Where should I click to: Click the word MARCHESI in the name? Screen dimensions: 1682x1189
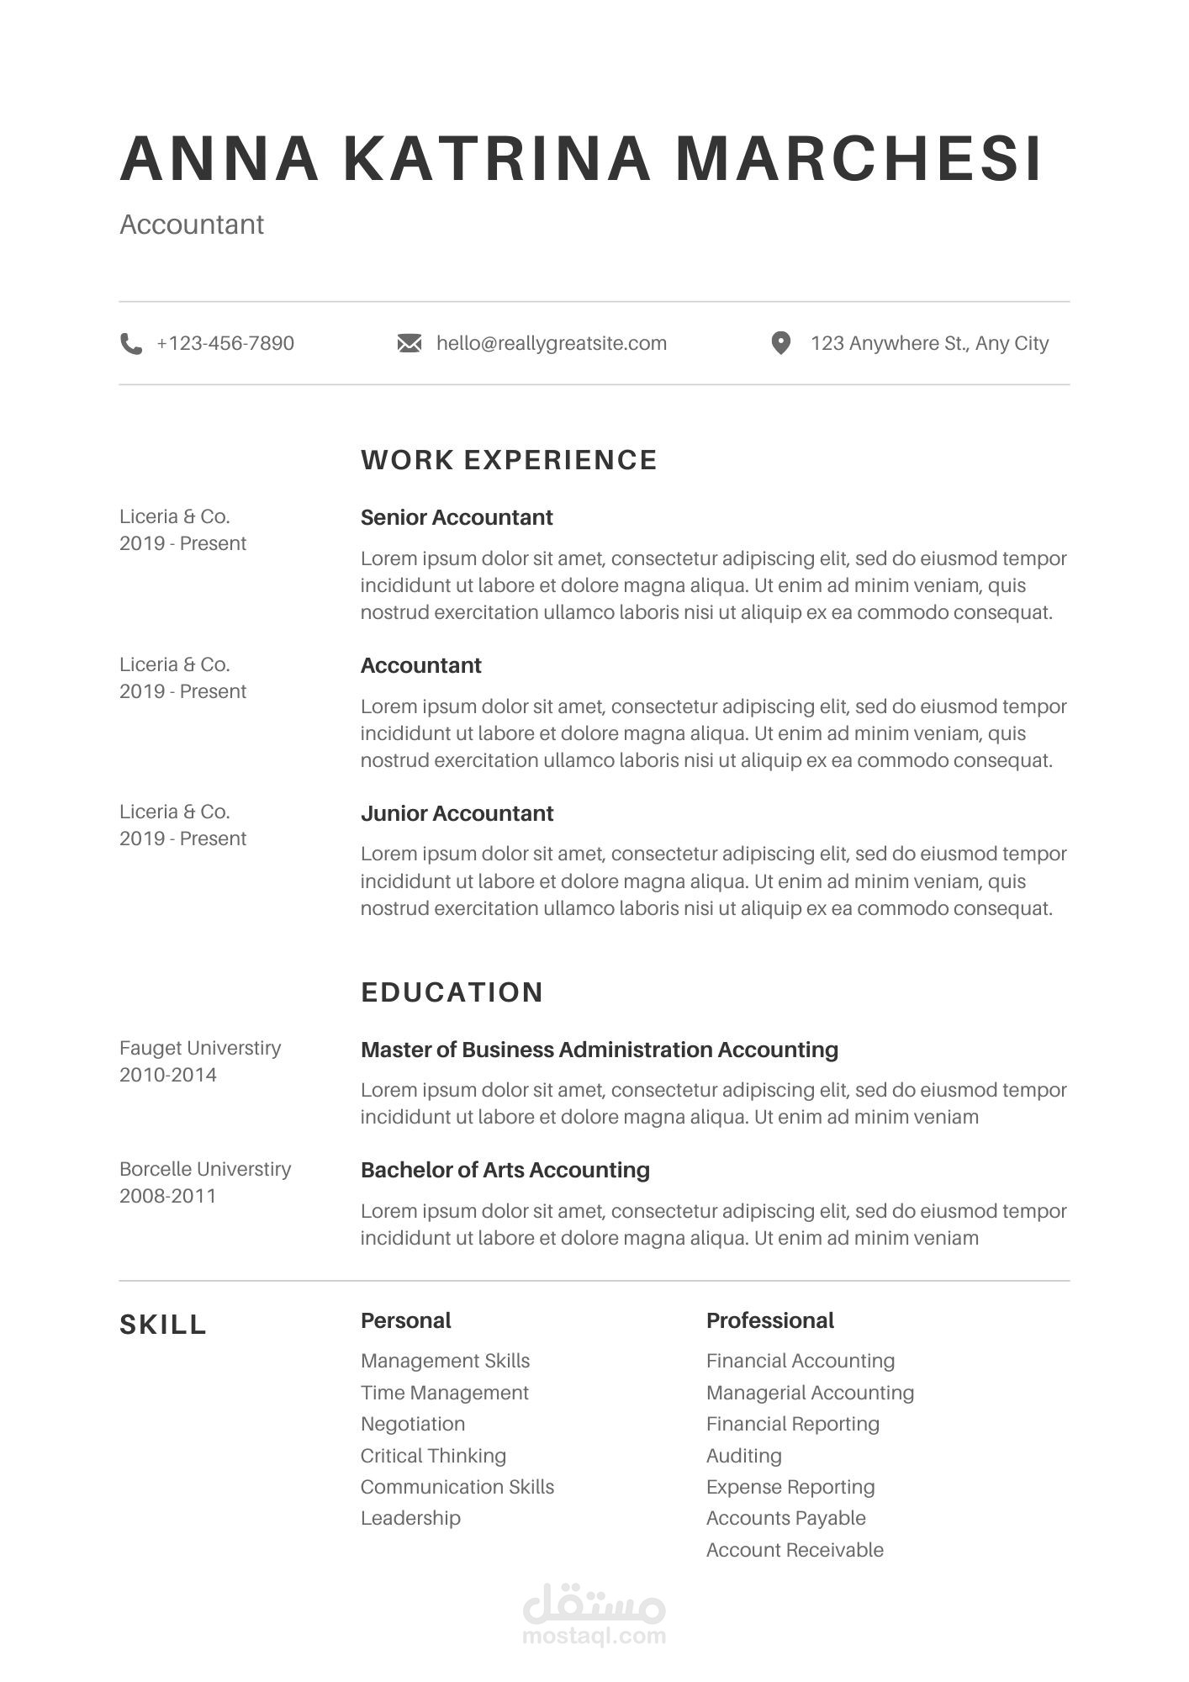tap(859, 158)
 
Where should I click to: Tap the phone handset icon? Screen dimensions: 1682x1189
tap(131, 344)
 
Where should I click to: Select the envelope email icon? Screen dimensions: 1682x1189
tap(410, 344)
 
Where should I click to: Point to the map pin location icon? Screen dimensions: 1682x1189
tap(780, 343)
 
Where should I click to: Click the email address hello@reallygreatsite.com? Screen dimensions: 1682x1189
tap(552, 343)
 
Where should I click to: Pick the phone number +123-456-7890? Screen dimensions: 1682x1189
tap(225, 343)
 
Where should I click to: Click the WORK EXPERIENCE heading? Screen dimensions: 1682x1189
tap(509, 460)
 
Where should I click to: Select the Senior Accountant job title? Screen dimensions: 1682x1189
tap(457, 517)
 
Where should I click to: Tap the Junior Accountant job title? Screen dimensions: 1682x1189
tap(457, 813)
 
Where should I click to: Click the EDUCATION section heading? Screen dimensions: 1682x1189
tap(452, 992)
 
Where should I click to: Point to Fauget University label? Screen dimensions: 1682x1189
tap(200, 1048)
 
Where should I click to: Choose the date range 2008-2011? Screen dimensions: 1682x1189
tap(167, 1196)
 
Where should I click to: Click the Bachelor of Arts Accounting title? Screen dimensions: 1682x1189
tap(505, 1170)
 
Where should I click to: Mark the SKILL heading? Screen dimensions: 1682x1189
tap(163, 1325)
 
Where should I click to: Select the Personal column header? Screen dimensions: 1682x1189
tap(405, 1320)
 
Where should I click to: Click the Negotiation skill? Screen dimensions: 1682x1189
tap(412, 1424)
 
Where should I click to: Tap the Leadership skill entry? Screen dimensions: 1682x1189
tap(410, 1518)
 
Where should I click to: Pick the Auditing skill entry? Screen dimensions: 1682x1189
tap(743, 1456)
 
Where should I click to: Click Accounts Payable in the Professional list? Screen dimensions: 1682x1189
tap(785, 1518)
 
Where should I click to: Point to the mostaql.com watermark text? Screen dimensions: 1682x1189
tap(594, 1636)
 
